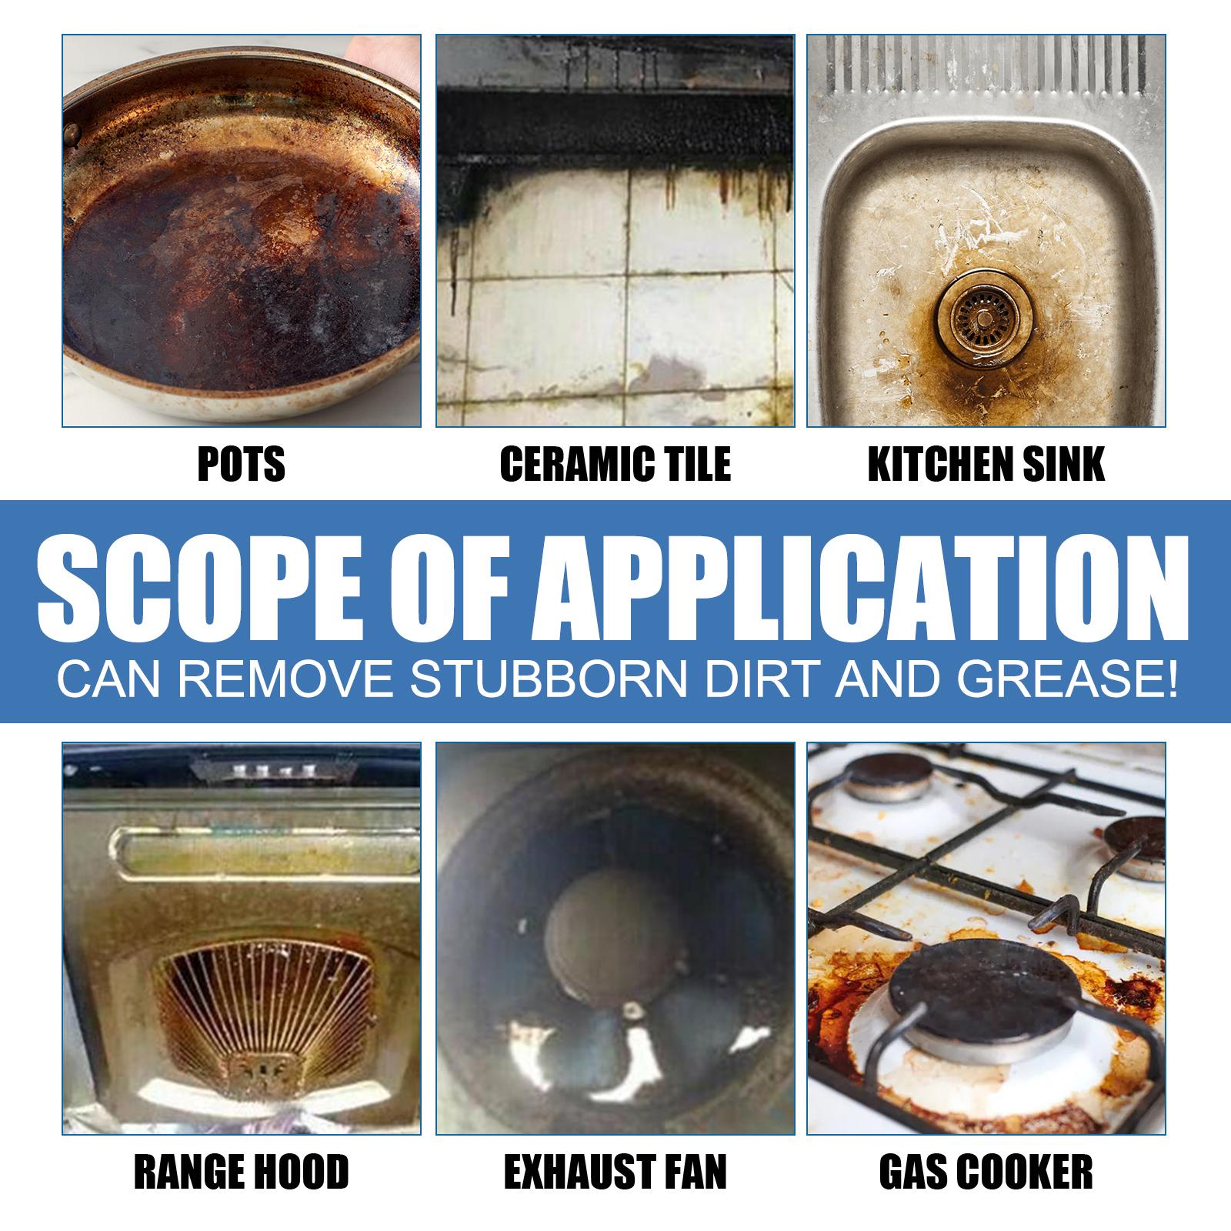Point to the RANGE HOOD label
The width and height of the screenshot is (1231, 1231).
click(x=242, y=1172)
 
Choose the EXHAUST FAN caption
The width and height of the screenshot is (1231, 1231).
click(x=615, y=1172)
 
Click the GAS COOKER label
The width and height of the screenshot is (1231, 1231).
click(x=986, y=1172)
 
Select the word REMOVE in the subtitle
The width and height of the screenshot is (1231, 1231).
click(x=299, y=682)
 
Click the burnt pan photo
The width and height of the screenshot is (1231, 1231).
click(x=242, y=231)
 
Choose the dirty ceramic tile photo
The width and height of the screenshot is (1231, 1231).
click(x=615, y=231)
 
